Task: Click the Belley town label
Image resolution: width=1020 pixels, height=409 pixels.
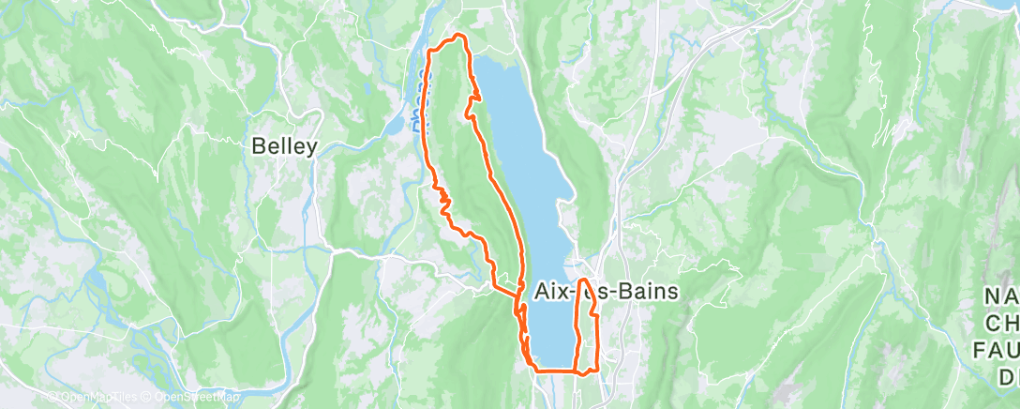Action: (x=285, y=146)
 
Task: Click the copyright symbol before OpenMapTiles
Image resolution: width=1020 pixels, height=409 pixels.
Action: (x=53, y=398)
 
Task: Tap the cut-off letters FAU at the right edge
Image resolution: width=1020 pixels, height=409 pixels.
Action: (x=999, y=351)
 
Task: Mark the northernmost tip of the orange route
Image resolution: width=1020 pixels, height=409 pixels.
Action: (x=458, y=36)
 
